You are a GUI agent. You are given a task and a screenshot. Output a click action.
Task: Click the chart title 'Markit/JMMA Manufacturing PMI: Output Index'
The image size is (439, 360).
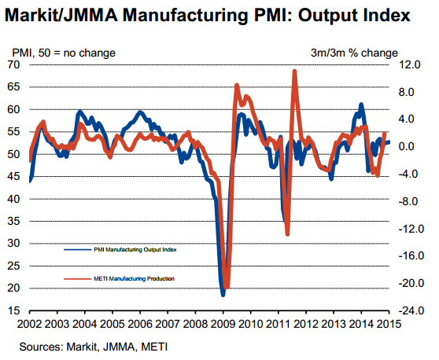(x=208, y=15)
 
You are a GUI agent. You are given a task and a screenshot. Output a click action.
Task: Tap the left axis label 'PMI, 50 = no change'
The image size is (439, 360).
(x=64, y=53)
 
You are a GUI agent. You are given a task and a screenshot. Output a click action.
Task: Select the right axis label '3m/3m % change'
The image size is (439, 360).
(x=354, y=53)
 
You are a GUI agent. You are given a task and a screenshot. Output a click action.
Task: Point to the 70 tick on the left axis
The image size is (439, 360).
(x=13, y=64)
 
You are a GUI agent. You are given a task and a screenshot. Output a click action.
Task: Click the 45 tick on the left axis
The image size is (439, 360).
(x=13, y=176)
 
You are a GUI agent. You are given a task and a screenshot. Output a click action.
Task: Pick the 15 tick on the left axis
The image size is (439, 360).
(x=13, y=310)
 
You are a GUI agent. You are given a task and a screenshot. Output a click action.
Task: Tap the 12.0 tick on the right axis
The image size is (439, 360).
(x=410, y=64)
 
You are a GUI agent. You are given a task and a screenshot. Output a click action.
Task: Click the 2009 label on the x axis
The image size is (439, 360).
(x=223, y=324)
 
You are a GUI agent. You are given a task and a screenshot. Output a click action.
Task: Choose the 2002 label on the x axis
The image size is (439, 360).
(x=29, y=324)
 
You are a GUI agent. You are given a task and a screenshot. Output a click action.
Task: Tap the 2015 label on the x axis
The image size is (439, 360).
(x=389, y=324)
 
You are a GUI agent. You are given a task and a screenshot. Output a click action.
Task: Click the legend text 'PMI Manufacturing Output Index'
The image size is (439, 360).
(x=135, y=249)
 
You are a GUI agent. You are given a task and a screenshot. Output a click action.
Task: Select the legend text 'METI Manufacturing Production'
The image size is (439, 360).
(x=134, y=278)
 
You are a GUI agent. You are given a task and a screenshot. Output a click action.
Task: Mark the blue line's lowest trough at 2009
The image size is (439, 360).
(x=223, y=295)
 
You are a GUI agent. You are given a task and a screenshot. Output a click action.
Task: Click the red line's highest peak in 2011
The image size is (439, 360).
(x=294, y=71)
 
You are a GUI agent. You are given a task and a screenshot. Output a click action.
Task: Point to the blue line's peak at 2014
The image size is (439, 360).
(x=361, y=105)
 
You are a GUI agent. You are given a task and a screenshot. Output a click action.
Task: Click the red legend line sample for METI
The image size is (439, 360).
(x=78, y=279)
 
